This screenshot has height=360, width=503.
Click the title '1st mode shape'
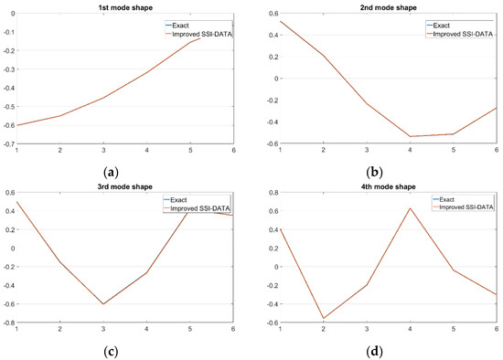pos(125,7)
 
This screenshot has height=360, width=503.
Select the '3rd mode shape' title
pos(125,185)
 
